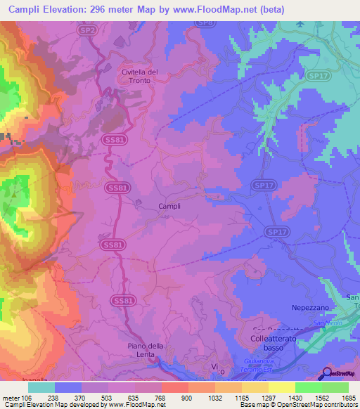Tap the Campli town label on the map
click(x=168, y=206)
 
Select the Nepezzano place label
click(x=311, y=308)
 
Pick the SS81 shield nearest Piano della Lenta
click(x=122, y=300)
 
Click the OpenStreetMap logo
click(x=340, y=373)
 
